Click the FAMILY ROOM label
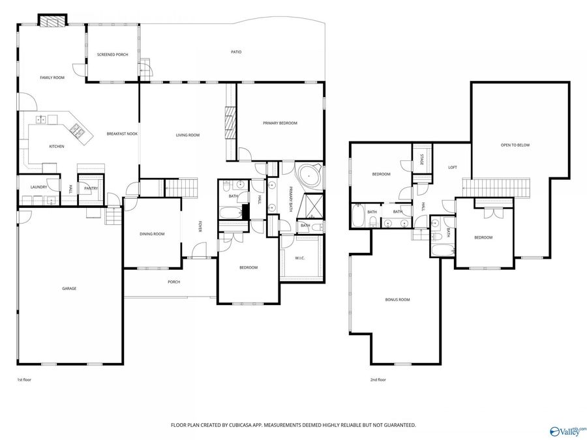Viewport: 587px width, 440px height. click(x=52, y=78)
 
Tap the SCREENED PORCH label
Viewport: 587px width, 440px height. click(x=112, y=55)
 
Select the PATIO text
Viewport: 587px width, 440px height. click(x=236, y=52)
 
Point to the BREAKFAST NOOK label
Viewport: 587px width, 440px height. click(x=122, y=134)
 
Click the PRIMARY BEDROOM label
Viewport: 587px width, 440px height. click(x=280, y=123)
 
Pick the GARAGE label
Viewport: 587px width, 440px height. click(x=69, y=289)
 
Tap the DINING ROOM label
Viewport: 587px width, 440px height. click(x=152, y=234)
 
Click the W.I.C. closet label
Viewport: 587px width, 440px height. click(x=300, y=257)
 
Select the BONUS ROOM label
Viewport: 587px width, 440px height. click(x=397, y=300)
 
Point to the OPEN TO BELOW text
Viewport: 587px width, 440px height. click(x=515, y=145)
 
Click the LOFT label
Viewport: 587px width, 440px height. click(x=453, y=168)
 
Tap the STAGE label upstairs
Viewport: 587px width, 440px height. click(x=421, y=160)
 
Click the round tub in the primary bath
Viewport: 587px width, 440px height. click(x=309, y=176)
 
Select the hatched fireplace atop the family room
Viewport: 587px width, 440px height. click(x=52, y=21)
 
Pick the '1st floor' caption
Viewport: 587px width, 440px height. click(x=24, y=380)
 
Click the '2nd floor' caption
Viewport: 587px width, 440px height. click(x=378, y=380)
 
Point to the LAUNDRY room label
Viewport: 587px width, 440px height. click(x=38, y=187)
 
